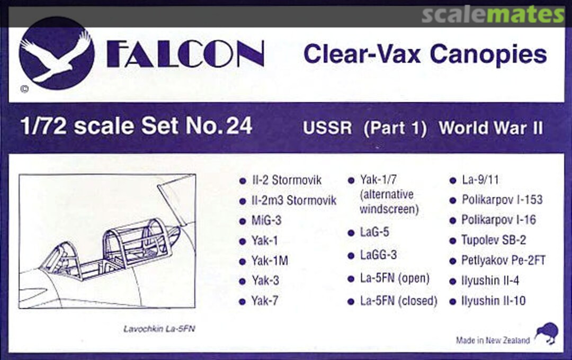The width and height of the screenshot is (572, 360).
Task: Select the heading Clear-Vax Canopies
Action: coord(425,55)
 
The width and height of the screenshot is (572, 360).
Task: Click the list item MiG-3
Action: coord(267,221)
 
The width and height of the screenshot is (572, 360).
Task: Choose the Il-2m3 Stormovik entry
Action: coord(294,201)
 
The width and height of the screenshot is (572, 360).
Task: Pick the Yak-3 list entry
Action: coord(265,281)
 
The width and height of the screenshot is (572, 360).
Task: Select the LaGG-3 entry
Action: coord(378,255)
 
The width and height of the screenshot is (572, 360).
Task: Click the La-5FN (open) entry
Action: coord(395,278)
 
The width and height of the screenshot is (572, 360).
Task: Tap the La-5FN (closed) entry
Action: coord(398,301)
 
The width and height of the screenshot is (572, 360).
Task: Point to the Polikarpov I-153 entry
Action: coord(502,200)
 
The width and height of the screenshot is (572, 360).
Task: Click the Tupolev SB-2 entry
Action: coord(494,240)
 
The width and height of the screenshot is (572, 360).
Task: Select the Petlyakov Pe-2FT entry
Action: coord(503,260)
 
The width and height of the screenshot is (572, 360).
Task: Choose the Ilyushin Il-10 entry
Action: coord(494,301)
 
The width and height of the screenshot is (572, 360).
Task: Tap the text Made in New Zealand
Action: coord(493,340)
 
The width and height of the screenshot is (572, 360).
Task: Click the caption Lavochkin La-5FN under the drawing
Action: coord(159,329)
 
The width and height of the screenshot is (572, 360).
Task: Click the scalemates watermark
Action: coord(493,15)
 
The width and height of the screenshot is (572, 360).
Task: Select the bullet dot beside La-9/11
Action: coord(452,181)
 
